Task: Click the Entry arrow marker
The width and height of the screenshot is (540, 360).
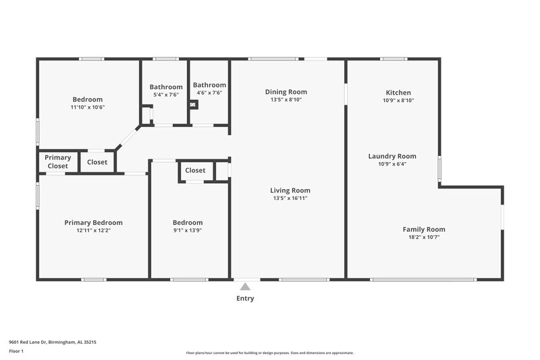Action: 246,286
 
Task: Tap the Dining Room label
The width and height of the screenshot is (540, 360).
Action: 286,92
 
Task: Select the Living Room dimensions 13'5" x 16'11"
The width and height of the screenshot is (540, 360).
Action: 291,199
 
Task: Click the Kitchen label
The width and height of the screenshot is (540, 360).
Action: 398,93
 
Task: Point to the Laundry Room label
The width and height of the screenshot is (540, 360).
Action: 392,156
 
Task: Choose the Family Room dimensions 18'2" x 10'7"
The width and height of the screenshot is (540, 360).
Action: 424,237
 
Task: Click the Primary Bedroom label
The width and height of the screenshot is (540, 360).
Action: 93,222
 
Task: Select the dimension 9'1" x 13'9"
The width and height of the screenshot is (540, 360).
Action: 187,230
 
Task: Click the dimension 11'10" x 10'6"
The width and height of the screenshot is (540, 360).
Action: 88,107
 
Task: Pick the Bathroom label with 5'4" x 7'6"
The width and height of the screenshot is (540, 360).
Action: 165,86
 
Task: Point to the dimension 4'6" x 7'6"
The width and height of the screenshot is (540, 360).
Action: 209,93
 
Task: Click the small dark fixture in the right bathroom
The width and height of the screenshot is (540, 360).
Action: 194,105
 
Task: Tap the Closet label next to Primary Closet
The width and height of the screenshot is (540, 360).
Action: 97,162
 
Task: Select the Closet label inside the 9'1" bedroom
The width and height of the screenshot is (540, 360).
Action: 195,170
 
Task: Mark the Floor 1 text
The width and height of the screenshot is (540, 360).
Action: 16,352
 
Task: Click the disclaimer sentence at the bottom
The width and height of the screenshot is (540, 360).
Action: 269,353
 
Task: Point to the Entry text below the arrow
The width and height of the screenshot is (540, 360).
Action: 245,299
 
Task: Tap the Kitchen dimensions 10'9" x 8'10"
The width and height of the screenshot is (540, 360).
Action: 398,100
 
